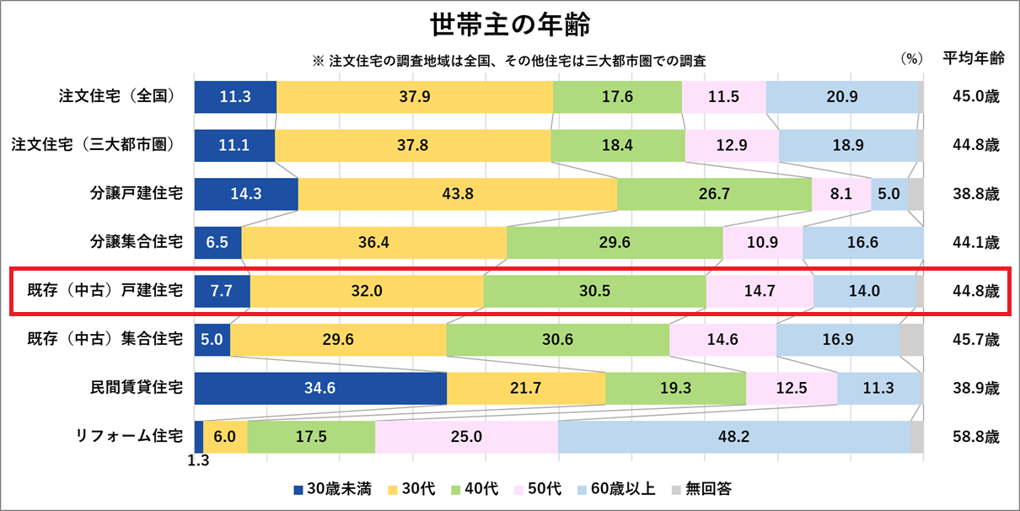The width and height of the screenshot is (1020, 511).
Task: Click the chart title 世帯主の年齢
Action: pyautogui.click(x=509, y=25)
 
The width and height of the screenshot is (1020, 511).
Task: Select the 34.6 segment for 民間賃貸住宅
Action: pyautogui.click(x=320, y=388)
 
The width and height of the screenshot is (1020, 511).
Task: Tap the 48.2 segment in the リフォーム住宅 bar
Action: pyautogui.click(x=733, y=437)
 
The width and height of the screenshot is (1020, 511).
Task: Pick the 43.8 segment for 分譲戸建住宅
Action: pyautogui.click(x=457, y=194)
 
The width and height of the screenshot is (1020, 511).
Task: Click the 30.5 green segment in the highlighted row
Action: pyautogui.click(x=594, y=291)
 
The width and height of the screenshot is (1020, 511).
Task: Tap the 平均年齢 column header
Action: pyautogui.click(x=973, y=59)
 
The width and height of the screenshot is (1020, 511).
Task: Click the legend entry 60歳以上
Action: pyautogui.click(x=622, y=488)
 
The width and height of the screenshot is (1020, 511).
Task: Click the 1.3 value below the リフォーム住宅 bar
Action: pyautogui.click(x=198, y=461)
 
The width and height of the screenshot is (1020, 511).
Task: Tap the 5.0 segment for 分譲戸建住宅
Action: pyautogui.click(x=889, y=194)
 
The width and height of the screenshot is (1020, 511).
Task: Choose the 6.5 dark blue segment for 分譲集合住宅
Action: pyautogui.click(x=217, y=243)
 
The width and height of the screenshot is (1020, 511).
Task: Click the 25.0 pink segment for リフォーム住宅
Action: pyautogui.click(x=465, y=437)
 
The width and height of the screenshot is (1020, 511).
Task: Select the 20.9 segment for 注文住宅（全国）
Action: pyautogui.click(x=841, y=96)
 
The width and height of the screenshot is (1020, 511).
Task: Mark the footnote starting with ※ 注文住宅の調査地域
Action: pyautogui.click(x=508, y=61)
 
